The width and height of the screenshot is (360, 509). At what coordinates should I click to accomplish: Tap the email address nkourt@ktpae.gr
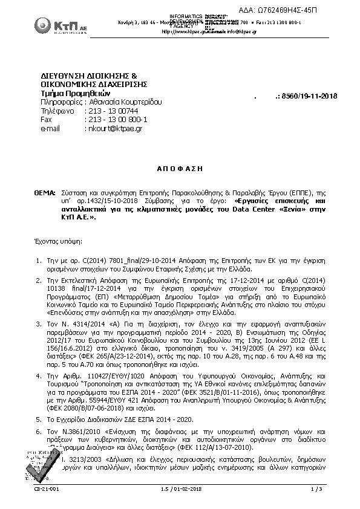point(115,129)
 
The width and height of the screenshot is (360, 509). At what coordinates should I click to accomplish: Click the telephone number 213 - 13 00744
point(113,111)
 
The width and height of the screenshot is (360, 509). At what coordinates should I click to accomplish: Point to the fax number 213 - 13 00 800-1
point(118,120)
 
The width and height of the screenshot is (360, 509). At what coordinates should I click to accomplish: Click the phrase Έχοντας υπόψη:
point(59,241)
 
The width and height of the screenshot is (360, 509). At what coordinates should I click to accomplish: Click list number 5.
point(38,402)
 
